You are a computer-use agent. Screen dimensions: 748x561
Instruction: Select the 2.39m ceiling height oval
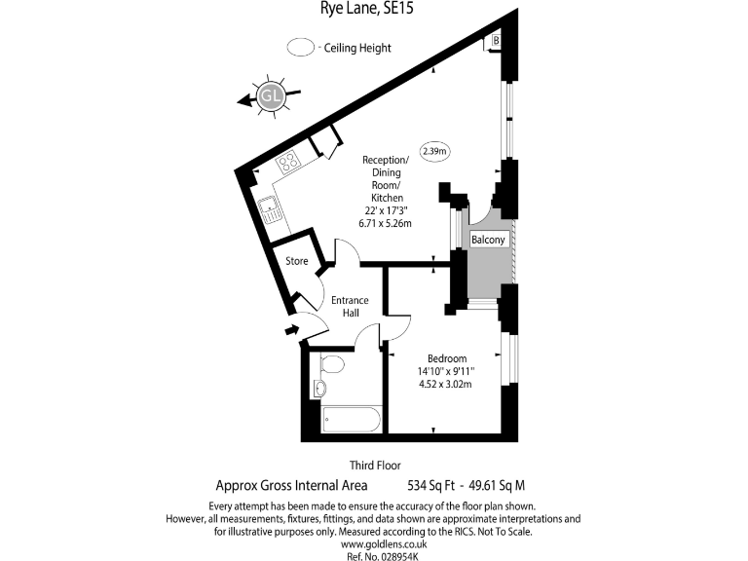pos(434,151)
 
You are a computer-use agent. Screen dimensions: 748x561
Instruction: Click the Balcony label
pos(487,240)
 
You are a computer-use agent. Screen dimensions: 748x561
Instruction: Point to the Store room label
pos(296,261)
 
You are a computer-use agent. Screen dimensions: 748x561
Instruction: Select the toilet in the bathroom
pos(331,365)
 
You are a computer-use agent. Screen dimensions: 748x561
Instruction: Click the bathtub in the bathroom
pos(352,421)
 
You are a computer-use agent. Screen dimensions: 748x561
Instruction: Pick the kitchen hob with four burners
pos(288,165)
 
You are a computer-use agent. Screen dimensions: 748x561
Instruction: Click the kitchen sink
pos(270,206)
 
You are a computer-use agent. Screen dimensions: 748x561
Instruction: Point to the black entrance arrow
pos(289,331)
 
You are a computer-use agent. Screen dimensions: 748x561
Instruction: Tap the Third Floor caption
pos(374,466)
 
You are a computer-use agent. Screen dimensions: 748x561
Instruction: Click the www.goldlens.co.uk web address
pos(373,544)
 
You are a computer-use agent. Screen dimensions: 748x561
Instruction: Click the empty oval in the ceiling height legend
pos(301,47)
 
